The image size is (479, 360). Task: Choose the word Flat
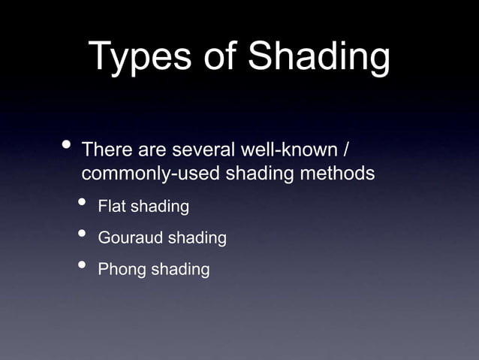[x=113, y=206]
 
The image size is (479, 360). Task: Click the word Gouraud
[x=131, y=238]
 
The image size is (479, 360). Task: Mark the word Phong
[x=122, y=269]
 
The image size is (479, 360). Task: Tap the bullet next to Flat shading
[x=80, y=204]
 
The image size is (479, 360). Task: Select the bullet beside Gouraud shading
[x=80, y=235]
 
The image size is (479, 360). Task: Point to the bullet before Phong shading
[x=80, y=266]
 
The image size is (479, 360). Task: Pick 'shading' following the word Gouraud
[x=197, y=239]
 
